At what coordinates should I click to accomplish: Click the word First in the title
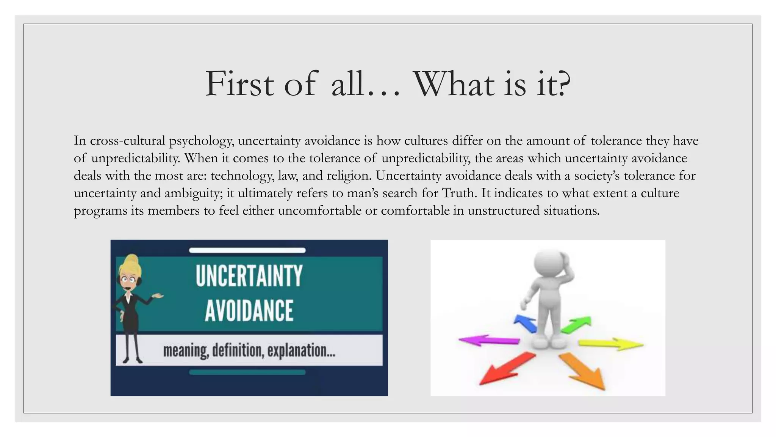(239, 84)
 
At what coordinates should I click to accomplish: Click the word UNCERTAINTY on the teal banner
(249, 276)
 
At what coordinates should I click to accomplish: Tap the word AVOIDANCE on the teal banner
(249, 310)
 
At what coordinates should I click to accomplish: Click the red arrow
(506, 368)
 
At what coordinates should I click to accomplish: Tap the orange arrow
(584, 372)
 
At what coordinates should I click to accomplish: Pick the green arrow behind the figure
(576, 324)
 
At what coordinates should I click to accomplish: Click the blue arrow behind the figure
(526, 324)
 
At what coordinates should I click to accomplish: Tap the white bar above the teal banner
(247, 250)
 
